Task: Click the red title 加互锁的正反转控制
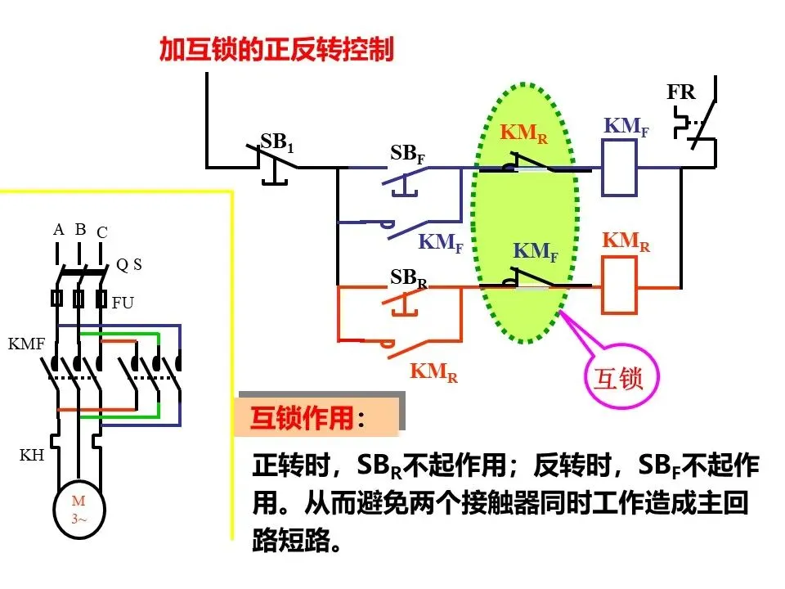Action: pyautogui.click(x=276, y=49)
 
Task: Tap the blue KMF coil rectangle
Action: pyautogui.click(x=619, y=168)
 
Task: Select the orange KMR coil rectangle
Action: pyautogui.click(x=619, y=286)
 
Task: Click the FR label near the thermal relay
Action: pyautogui.click(x=681, y=92)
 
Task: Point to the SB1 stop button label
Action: pyautogui.click(x=277, y=142)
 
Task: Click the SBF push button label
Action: pyautogui.click(x=407, y=154)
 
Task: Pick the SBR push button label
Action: pyautogui.click(x=409, y=278)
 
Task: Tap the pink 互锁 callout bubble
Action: pyautogui.click(x=621, y=376)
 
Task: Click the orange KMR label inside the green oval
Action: pyautogui.click(x=523, y=133)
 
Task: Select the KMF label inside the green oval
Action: pyautogui.click(x=536, y=251)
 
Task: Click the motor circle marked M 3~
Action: pyautogui.click(x=79, y=510)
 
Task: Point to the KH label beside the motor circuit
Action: pyautogui.click(x=32, y=456)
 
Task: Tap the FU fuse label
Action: pyautogui.click(x=123, y=303)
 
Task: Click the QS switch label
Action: pyautogui.click(x=129, y=264)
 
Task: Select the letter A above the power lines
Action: pyautogui.click(x=59, y=230)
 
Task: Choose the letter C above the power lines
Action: pyautogui.click(x=102, y=232)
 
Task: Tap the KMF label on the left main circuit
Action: pyautogui.click(x=26, y=344)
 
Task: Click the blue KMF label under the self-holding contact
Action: pyautogui.click(x=441, y=243)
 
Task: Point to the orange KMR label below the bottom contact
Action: pyautogui.click(x=433, y=372)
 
